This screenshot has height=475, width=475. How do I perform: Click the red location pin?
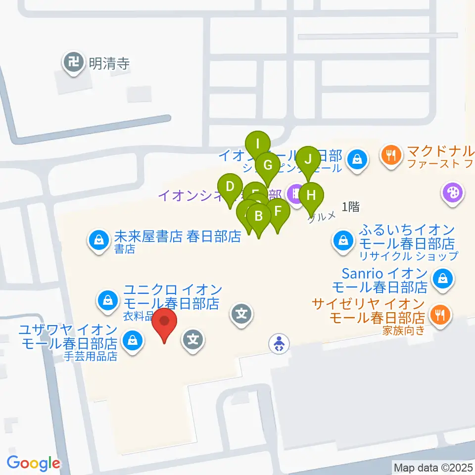click(x=164, y=324)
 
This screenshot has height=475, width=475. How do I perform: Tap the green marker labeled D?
click(x=230, y=188)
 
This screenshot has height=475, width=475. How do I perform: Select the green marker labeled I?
click(x=257, y=145)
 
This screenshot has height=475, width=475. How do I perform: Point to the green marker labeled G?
click(x=268, y=165)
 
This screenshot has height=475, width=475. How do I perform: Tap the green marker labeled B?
click(x=258, y=217)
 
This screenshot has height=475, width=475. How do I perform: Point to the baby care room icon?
click(x=280, y=343)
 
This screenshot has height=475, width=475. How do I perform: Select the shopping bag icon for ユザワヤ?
click(x=132, y=340)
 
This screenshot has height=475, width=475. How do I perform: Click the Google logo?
click(x=34, y=463)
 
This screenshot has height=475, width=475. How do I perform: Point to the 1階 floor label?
click(x=350, y=207)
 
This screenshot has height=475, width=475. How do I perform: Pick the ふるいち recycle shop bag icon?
click(x=342, y=241)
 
